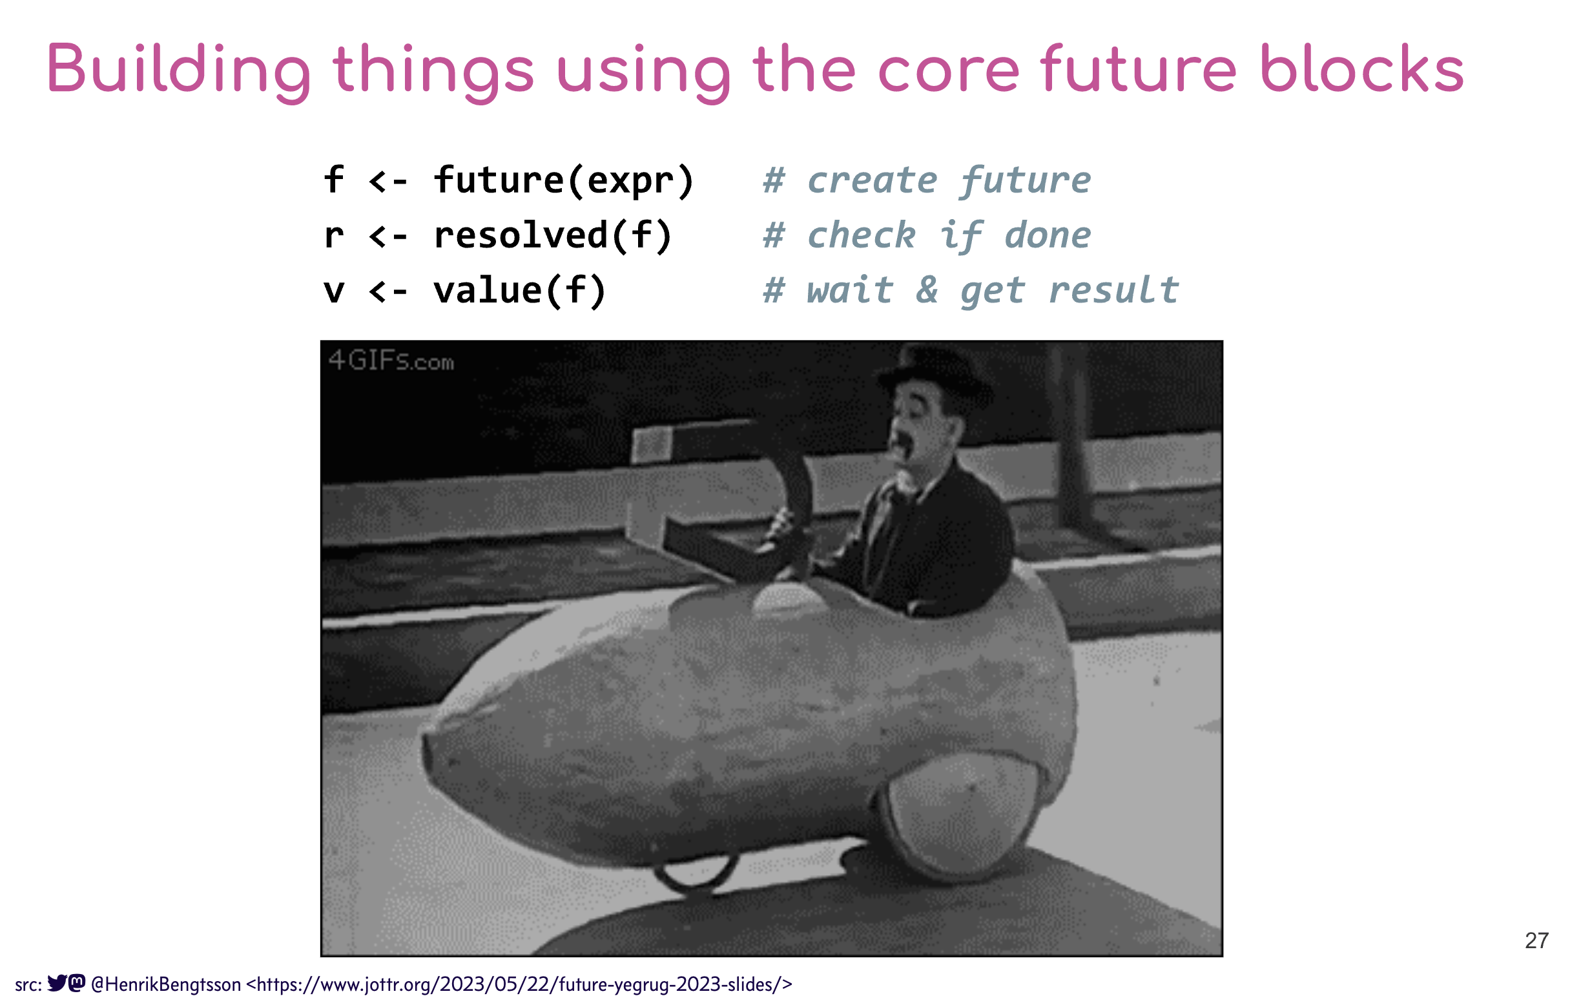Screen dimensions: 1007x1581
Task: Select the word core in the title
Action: (x=948, y=69)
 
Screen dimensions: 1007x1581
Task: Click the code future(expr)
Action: (x=563, y=180)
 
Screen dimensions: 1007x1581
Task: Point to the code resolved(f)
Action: (x=553, y=235)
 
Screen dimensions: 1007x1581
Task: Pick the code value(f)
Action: (x=519, y=290)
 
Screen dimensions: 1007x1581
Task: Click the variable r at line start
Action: (x=334, y=237)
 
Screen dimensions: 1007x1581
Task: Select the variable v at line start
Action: (x=334, y=291)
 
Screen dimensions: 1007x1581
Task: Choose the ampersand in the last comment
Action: (x=926, y=290)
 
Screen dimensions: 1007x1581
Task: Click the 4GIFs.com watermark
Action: (x=391, y=361)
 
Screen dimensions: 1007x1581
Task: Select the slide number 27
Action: (x=1536, y=940)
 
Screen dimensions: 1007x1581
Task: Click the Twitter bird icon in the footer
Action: (x=57, y=982)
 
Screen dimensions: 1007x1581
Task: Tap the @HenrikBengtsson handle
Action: (x=166, y=984)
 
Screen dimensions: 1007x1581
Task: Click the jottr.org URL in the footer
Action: (x=519, y=984)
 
